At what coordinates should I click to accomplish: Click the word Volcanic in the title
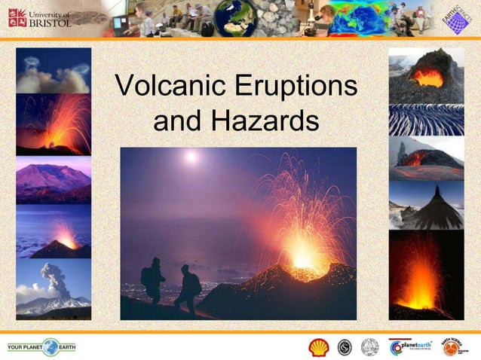click(168, 87)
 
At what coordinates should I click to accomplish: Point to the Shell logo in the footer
click(319, 347)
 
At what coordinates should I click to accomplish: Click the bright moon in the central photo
click(191, 157)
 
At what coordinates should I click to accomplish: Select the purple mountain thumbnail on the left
click(53, 180)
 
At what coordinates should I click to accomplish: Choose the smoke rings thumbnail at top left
click(53, 71)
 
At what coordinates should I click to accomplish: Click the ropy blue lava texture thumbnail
click(426, 120)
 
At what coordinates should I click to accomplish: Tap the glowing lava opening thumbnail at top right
click(426, 75)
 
